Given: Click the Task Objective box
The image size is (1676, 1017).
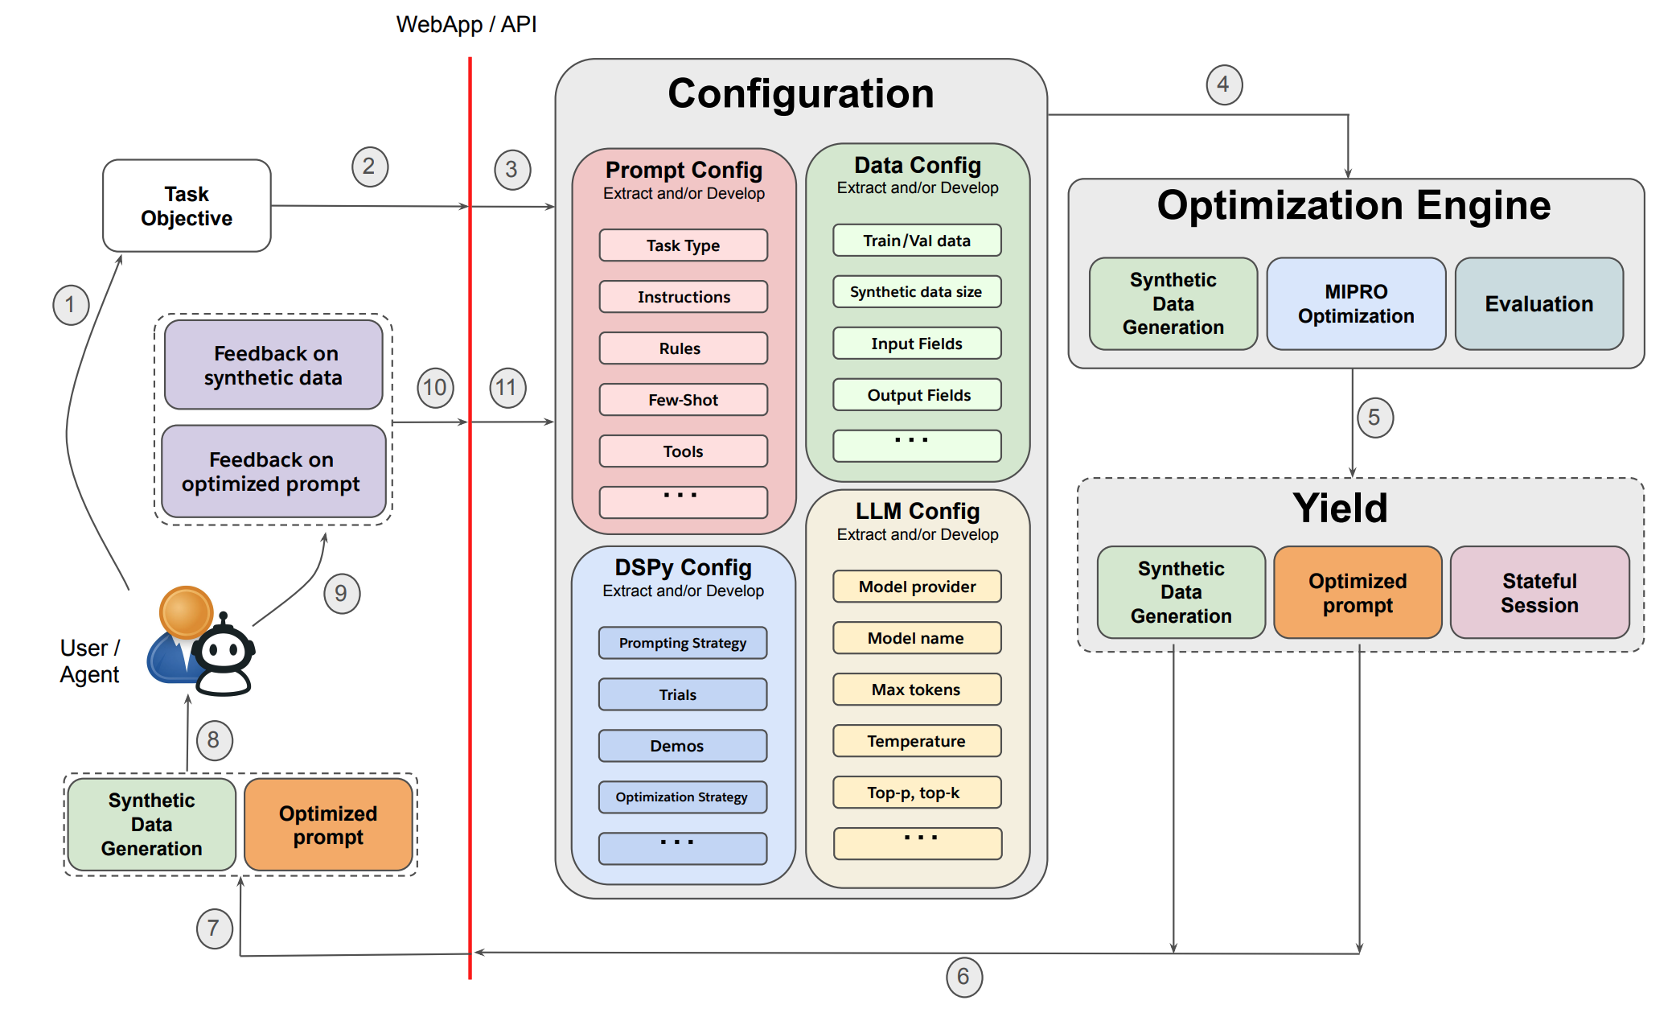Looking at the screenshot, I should tap(187, 206).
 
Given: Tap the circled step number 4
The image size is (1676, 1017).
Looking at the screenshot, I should tap(1224, 84).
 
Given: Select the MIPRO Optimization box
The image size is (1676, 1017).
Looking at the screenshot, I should tap(1356, 304).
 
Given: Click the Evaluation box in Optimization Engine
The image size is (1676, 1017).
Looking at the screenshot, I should tap(1538, 304).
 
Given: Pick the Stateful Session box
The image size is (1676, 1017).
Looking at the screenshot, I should tap(1539, 593).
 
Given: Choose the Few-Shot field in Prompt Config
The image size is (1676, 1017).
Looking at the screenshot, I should tap(683, 400).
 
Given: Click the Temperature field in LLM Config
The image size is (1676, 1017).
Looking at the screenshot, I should tap(917, 741).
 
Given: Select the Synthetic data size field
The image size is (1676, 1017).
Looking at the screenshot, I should tap(917, 292).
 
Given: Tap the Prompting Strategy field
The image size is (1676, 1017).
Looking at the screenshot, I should tap(682, 643).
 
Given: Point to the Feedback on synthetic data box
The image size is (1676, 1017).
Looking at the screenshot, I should tap(273, 365).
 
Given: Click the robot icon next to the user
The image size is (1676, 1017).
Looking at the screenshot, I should tap(224, 656).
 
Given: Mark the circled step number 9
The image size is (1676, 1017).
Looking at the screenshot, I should tap(342, 594).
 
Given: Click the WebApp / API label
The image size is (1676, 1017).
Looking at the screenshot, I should tap(466, 25).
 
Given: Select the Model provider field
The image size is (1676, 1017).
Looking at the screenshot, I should tap(917, 587).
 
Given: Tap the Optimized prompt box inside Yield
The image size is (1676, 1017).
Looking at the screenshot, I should tap(1358, 593).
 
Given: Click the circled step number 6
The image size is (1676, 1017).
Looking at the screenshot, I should tap(963, 977).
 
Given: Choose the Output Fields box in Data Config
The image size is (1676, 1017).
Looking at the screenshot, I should tap(917, 395).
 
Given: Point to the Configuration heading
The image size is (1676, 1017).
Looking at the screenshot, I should tap(801, 93).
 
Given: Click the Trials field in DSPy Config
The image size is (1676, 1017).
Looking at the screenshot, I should tap(682, 694).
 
